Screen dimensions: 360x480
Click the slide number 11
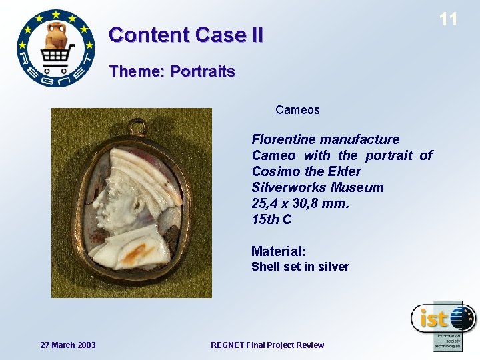449,19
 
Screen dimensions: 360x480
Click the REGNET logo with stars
56,48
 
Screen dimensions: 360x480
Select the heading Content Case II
186,34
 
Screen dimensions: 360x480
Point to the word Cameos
297,110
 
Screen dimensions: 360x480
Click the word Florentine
283,139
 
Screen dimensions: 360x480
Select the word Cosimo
273,171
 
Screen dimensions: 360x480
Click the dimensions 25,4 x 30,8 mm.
299,203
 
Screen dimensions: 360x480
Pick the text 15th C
271,219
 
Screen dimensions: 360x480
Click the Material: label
278,251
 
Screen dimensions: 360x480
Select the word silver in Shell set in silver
333,267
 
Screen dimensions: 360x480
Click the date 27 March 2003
68,345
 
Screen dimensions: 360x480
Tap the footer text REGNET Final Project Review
267,345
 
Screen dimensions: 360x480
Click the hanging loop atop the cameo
138,125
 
